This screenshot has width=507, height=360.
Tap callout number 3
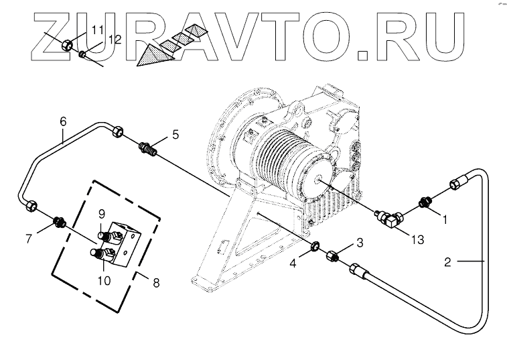360,242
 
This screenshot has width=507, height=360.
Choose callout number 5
175,134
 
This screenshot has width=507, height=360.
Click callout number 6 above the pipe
64,121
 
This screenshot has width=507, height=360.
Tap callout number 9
102,214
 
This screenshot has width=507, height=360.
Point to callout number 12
115,40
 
